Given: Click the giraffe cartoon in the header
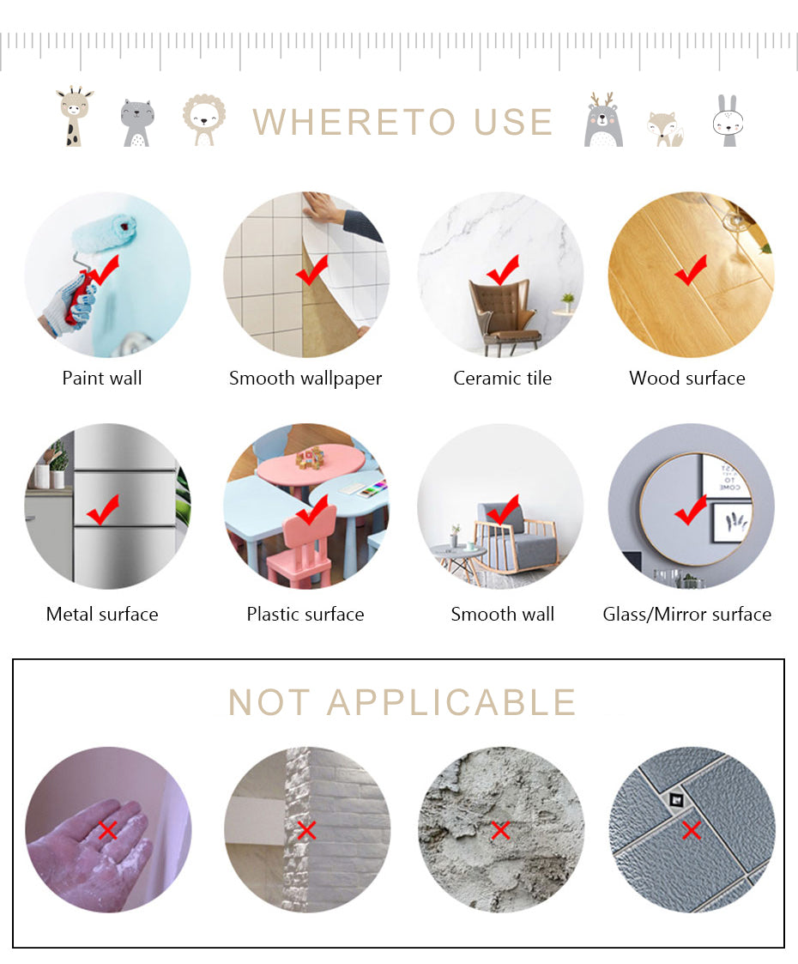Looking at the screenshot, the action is pyautogui.click(x=74, y=116).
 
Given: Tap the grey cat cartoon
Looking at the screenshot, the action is pyautogui.click(x=136, y=123).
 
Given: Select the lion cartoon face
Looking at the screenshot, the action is pyautogui.click(x=204, y=119).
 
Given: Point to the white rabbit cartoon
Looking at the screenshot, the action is pyautogui.click(x=728, y=120).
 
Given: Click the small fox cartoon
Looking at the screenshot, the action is pyautogui.click(x=666, y=129).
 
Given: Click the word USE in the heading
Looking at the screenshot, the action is pyautogui.click(x=514, y=122).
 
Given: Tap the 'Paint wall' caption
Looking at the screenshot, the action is pyautogui.click(x=102, y=378).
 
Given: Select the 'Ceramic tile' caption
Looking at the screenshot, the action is pyautogui.click(x=503, y=378).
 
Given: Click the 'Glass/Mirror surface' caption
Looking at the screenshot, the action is pyautogui.click(x=686, y=614).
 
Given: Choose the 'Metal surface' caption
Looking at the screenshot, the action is pyautogui.click(x=102, y=614).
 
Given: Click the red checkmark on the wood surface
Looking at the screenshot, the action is pyautogui.click(x=690, y=270).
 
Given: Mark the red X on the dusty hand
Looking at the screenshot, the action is pyautogui.click(x=108, y=831).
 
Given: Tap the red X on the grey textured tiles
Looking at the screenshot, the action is pyautogui.click(x=692, y=831).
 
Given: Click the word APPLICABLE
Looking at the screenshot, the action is pyautogui.click(x=451, y=702).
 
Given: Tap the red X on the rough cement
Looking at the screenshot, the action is pyautogui.click(x=500, y=831).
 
